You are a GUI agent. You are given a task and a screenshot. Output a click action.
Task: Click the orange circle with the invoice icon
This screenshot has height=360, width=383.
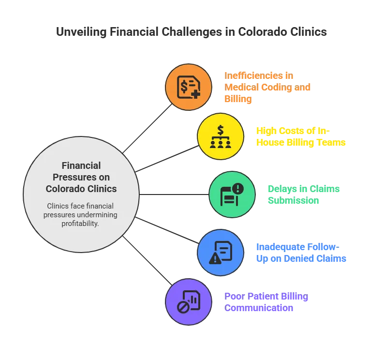point(189,88)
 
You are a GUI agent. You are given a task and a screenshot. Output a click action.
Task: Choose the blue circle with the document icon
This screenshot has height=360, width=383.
point(221,252)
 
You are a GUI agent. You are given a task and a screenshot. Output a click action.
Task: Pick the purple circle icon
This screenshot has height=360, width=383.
point(189,302)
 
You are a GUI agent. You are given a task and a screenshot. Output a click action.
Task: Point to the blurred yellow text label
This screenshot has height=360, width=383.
point(301,136)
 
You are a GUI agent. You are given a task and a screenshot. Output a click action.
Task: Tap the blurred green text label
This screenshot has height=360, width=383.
point(304,194)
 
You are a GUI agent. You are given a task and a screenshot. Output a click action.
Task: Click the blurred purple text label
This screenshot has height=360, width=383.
point(266,302)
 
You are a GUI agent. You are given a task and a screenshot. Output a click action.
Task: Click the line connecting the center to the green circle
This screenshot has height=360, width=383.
point(174,195)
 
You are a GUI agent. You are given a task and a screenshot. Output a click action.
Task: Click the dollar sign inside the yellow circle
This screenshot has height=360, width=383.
point(221,130)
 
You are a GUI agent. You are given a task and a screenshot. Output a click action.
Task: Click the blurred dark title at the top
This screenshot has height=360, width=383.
point(191,32)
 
